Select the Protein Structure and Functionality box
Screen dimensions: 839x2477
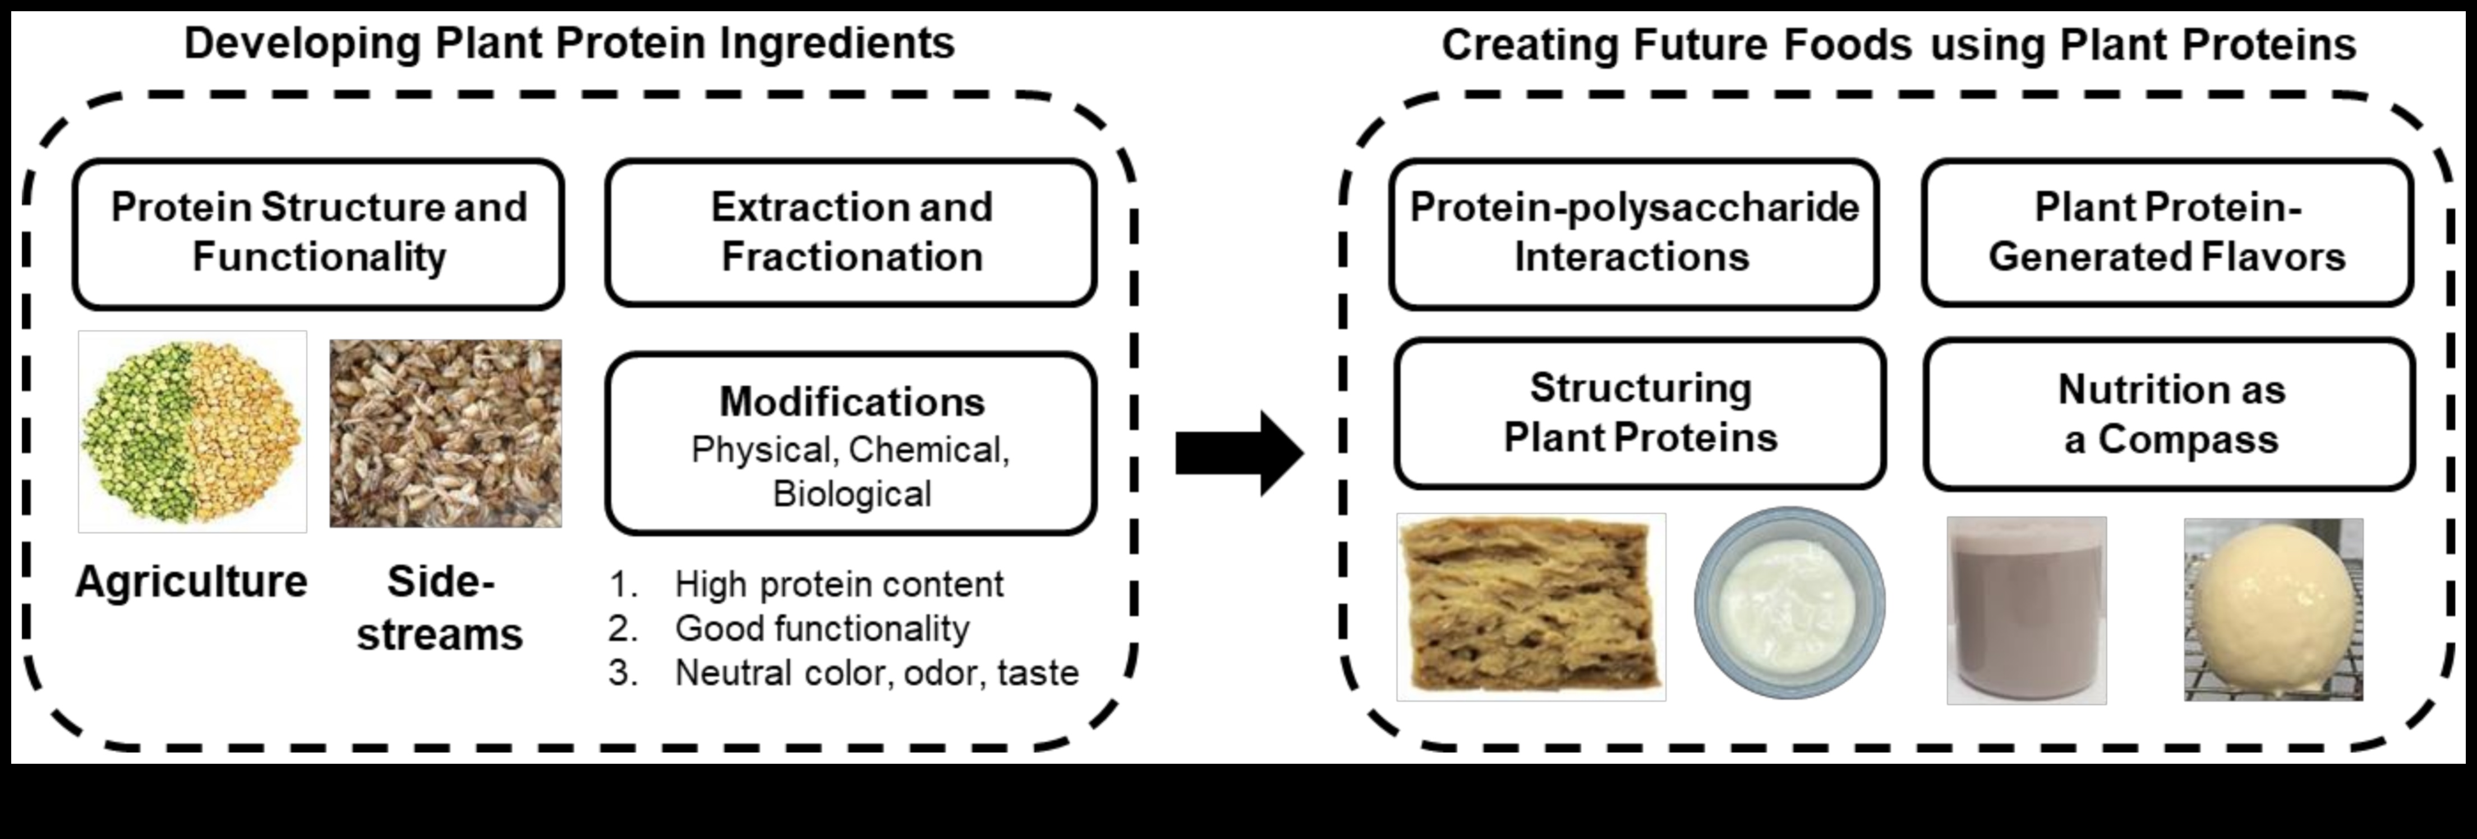click(x=318, y=234)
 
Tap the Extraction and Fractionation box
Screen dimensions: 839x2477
click(x=851, y=233)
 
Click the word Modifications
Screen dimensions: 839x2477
click(x=852, y=401)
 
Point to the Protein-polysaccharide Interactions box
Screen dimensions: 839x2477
click(x=1634, y=234)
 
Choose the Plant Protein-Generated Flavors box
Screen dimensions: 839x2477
click(x=2167, y=233)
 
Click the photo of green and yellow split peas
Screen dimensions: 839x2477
click(x=192, y=432)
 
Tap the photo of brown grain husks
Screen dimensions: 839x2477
click(x=445, y=433)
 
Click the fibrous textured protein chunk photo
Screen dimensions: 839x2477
click(x=1531, y=606)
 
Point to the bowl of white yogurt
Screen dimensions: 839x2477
click(x=1789, y=603)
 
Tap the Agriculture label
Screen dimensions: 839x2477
click(x=191, y=581)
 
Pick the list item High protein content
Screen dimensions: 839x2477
click(x=839, y=584)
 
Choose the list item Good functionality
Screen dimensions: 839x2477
click(x=822, y=628)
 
